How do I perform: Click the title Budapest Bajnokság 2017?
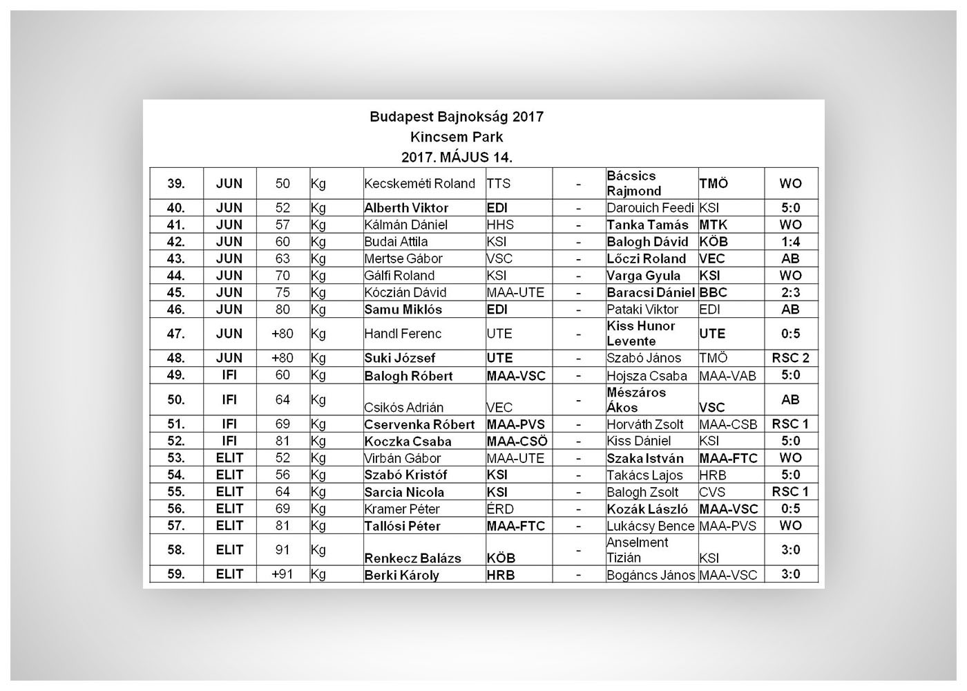click(x=456, y=117)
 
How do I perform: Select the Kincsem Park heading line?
click(x=456, y=137)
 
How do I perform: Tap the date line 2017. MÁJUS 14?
click(x=456, y=158)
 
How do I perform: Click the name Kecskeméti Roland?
click(x=419, y=184)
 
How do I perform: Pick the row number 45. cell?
click(x=176, y=292)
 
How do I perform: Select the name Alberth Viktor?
click(x=406, y=208)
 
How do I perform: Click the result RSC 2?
click(x=790, y=358)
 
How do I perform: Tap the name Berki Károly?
click(x=401, y=575)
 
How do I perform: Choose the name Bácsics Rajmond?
click(x=634, y=184)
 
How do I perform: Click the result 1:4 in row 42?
click(x=790, y=242)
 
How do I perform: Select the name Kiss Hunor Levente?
click(x=641, y=334)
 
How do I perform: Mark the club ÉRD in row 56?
click(x=500, y=509)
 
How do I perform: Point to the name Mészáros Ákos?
click(x=636, y=400)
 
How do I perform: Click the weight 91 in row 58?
click(x=283, y=550)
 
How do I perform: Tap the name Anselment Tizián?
click(x=637, y=550)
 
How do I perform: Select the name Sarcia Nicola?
click(x=404, y=493)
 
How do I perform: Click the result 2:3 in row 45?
click(x=790, y=292)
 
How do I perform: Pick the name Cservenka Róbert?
click(x=419, y=425)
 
